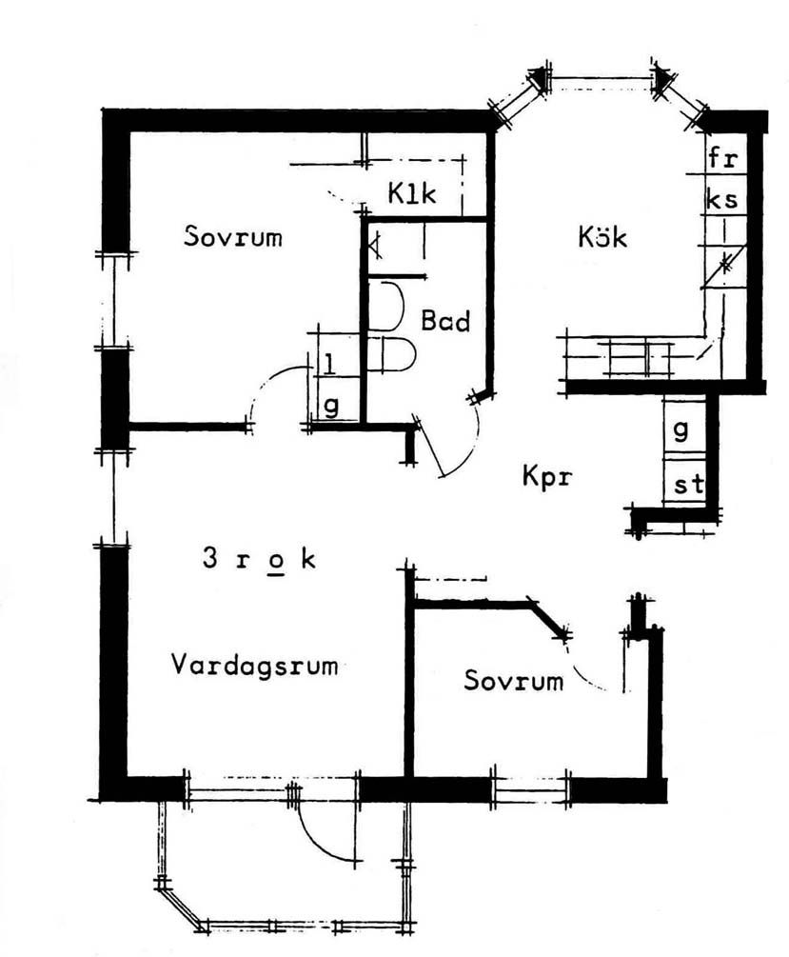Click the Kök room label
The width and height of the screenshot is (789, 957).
tap(602, 236)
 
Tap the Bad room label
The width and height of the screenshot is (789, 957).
tap(445, 321)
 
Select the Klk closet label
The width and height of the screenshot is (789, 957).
tap(412, 194)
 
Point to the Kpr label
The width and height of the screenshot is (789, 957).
tap(547, 475)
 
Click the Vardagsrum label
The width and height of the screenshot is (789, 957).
tap(254, 664)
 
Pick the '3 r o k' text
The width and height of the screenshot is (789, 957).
tap(258, 559)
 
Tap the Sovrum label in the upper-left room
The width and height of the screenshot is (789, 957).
tap(233, 236)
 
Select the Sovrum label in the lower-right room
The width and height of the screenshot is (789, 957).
tap(514, 680)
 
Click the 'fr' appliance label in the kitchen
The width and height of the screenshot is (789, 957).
tap(722, 158)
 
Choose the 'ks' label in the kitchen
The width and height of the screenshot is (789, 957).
tap(722, 200)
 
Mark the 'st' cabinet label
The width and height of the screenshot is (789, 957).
tap(689, 485)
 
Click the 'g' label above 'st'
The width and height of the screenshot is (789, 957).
tap(681, 429)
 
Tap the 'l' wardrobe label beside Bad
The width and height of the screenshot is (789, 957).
tap(328, 364)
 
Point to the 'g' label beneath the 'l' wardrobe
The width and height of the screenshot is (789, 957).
tap(331, 406)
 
